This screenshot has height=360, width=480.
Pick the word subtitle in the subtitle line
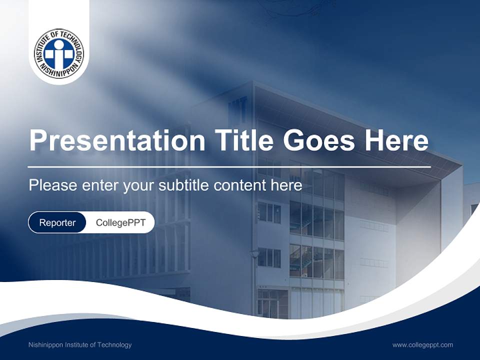184,185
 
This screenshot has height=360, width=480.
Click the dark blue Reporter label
57,222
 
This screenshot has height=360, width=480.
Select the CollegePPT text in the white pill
120,222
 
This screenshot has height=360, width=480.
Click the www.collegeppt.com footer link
422,344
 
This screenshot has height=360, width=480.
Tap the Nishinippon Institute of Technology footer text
80,344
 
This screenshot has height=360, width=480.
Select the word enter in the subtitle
95,185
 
